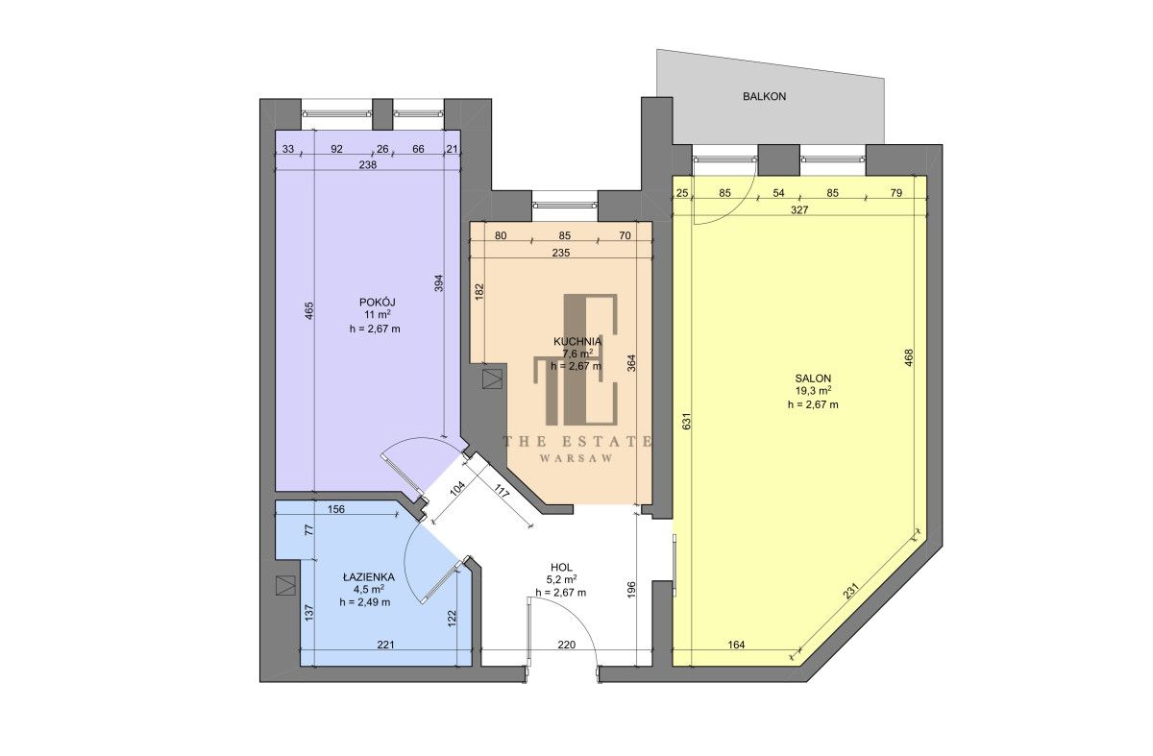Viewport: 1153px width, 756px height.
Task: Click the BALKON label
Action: click(764, 96)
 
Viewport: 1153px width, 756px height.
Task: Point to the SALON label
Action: click(813, 378)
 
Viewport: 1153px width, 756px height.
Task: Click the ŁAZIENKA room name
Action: click(369, 577)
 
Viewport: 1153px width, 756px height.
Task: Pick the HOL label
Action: click(561, 567)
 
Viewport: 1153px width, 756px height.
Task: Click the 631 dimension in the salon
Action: click(686, 422)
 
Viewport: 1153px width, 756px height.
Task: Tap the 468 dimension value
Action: click(909, 358)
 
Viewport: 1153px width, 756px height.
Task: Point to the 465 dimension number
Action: click(308, 311)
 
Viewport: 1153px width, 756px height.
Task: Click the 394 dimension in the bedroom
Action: click(438, 283)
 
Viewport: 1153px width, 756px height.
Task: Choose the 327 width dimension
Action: click(799, 210)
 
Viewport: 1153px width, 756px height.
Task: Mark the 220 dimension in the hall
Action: click(566, 645)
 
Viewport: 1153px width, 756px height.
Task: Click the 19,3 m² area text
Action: click(813, 392)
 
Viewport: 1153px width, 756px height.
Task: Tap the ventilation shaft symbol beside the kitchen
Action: click(493, 379)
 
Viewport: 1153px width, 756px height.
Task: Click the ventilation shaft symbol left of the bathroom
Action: click(285, 585)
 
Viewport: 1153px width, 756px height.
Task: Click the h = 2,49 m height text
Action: click(365, 602)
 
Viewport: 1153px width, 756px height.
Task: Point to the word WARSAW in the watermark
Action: click(576, 458)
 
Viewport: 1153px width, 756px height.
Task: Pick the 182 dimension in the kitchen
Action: click(479, 292)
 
